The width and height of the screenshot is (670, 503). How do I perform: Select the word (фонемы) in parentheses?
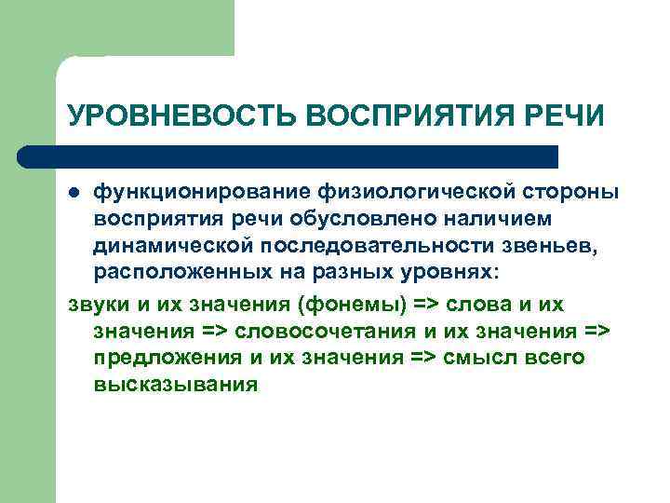click(332, 306)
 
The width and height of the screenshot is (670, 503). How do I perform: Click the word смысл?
click(481, 359)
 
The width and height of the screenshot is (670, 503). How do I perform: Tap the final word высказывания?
click(175, 385)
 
